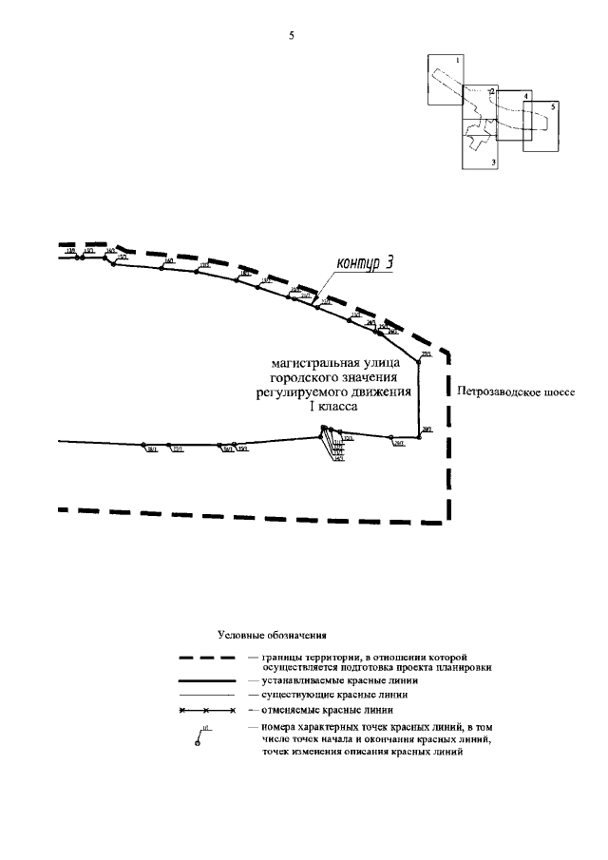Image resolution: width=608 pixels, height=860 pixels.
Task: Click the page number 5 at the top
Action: [292, 37]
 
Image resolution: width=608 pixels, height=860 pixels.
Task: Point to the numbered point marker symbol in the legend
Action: [199, 742]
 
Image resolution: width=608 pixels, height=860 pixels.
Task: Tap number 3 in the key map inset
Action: [494, 162]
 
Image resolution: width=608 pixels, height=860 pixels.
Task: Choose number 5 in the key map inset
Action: [552, 105]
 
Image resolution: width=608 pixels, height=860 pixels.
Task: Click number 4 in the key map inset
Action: [524, 97]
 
